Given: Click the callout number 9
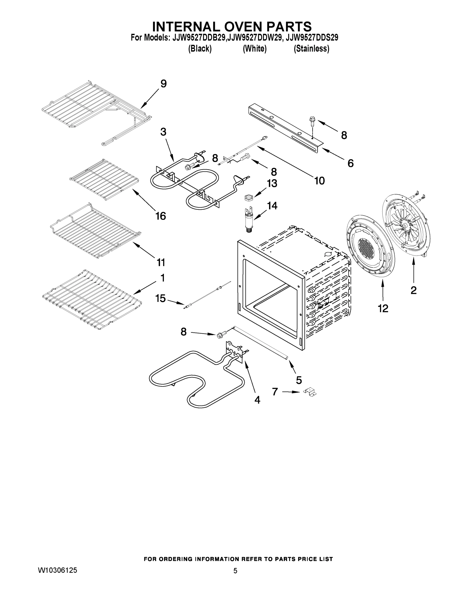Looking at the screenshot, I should pyautogui.click(x=164, y=84).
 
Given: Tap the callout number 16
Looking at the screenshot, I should pyautogui.click(x=161, y=216).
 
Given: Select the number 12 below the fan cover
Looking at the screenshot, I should pyautogui.click(x=383, y=308).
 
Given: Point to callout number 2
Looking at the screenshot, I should pyautogui.click(x=413, y=290).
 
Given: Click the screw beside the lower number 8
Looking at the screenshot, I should pyautogui.click(x=220, y=335).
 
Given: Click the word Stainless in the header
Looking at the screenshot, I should pyautogui.click(x=311, y=49).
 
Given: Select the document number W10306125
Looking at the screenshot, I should pyautogui.click(x=57, y=570).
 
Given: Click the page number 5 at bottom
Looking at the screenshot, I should pyautogui.click(x=235, y=571).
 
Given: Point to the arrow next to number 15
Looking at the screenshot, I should pyautogui.click(x=176, y=302).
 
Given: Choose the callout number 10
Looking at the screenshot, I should pyautogui.click(x=319, y=181).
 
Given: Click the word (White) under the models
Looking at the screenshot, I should pyautogui.click(x=255, y=49).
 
